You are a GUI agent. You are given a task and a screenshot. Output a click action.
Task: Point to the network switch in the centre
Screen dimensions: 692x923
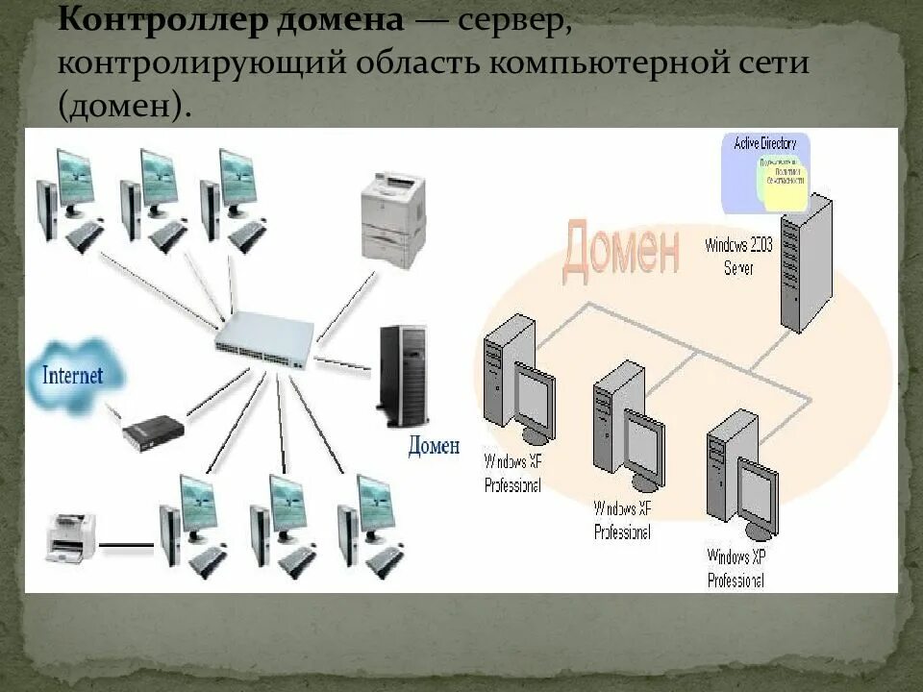click(264, 342)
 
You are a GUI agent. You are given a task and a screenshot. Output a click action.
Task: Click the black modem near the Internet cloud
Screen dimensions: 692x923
click(153, 432)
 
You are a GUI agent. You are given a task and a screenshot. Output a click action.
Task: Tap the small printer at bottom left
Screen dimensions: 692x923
click(70, 537)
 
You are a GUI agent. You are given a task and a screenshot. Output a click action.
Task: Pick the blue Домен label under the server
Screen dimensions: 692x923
click(434, 446)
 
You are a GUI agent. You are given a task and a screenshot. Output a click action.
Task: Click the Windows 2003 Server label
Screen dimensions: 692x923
click(738, 256)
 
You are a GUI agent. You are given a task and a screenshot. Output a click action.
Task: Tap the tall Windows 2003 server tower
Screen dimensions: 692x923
click(806, 262)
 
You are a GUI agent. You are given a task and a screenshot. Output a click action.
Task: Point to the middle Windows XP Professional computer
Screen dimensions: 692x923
click(627, 429)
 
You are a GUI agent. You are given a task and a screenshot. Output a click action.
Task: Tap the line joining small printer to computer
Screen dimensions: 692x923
click(127, 545)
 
